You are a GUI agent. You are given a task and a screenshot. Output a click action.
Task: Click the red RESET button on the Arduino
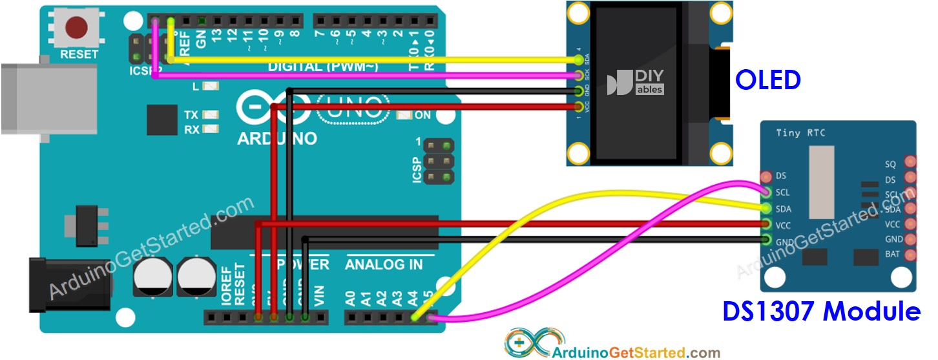tap(78, 27)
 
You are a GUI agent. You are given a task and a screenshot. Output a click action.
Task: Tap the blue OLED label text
tap(768, 79)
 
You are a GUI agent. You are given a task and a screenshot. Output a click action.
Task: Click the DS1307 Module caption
tap(821, 312)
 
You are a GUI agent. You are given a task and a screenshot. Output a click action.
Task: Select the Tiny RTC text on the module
tap(801, 133)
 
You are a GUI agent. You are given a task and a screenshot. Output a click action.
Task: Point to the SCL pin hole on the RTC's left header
tap(767, 192)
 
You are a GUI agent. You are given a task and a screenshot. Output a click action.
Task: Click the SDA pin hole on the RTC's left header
tap(767, 209)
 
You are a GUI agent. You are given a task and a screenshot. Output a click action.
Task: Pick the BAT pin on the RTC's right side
tap(911, 255)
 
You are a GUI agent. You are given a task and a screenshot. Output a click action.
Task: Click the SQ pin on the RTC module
tap(911, 162)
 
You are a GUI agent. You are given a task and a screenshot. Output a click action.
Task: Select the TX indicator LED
tap(209, 115)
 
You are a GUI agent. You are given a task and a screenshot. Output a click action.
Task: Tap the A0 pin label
tap(350, 299)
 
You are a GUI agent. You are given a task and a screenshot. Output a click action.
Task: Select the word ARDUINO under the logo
tap(277, 138)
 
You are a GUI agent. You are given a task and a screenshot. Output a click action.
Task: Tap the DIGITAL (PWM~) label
tap(322, 67)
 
